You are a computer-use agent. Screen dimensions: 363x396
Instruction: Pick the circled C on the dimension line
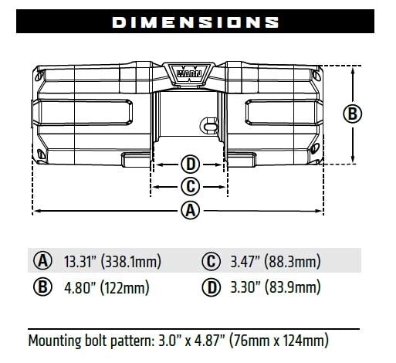tap(190, 186)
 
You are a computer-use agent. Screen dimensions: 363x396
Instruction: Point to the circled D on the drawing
tap(190, 164)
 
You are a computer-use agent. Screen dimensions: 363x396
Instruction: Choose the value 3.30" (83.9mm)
tap(275, 288)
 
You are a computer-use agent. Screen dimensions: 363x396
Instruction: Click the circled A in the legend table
tap(42, 260)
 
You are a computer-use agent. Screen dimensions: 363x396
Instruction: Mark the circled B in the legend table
tap(42, 288)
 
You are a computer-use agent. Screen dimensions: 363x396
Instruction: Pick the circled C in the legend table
tap(212, 260)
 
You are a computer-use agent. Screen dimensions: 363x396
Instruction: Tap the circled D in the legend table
tap(212, 288)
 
